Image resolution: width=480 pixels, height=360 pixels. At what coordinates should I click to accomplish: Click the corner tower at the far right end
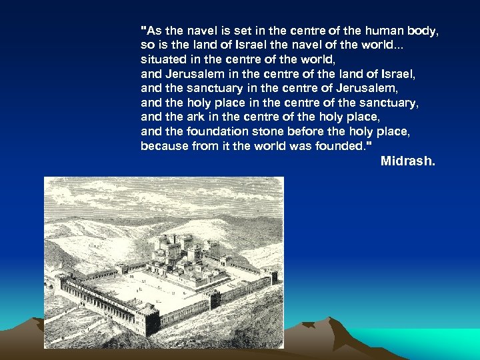tap(273, 277)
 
